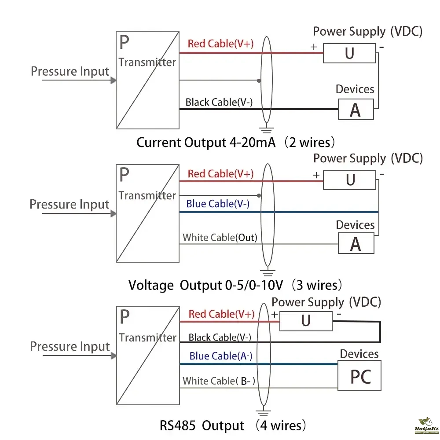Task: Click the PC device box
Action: [x=359, y=376]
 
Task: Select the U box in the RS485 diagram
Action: [x=306, y=321]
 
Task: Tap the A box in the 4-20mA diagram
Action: [x=356, y=110]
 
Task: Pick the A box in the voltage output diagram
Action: [x=356, y=243]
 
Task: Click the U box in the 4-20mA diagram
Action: [x=349, y=53]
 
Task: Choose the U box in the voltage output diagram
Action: [x=350, y=180]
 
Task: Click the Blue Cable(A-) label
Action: [x=221, y=356]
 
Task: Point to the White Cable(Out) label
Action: [x=220, y=238]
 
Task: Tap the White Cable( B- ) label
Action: [x=219, y=381]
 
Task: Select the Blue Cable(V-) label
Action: [x=218, y=204]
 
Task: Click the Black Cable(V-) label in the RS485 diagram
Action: [x=220, y=337]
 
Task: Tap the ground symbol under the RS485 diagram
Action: [x=263, y=413]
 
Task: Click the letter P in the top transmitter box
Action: [x=125, y=43]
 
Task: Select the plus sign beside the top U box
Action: [x=314, y=47]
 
